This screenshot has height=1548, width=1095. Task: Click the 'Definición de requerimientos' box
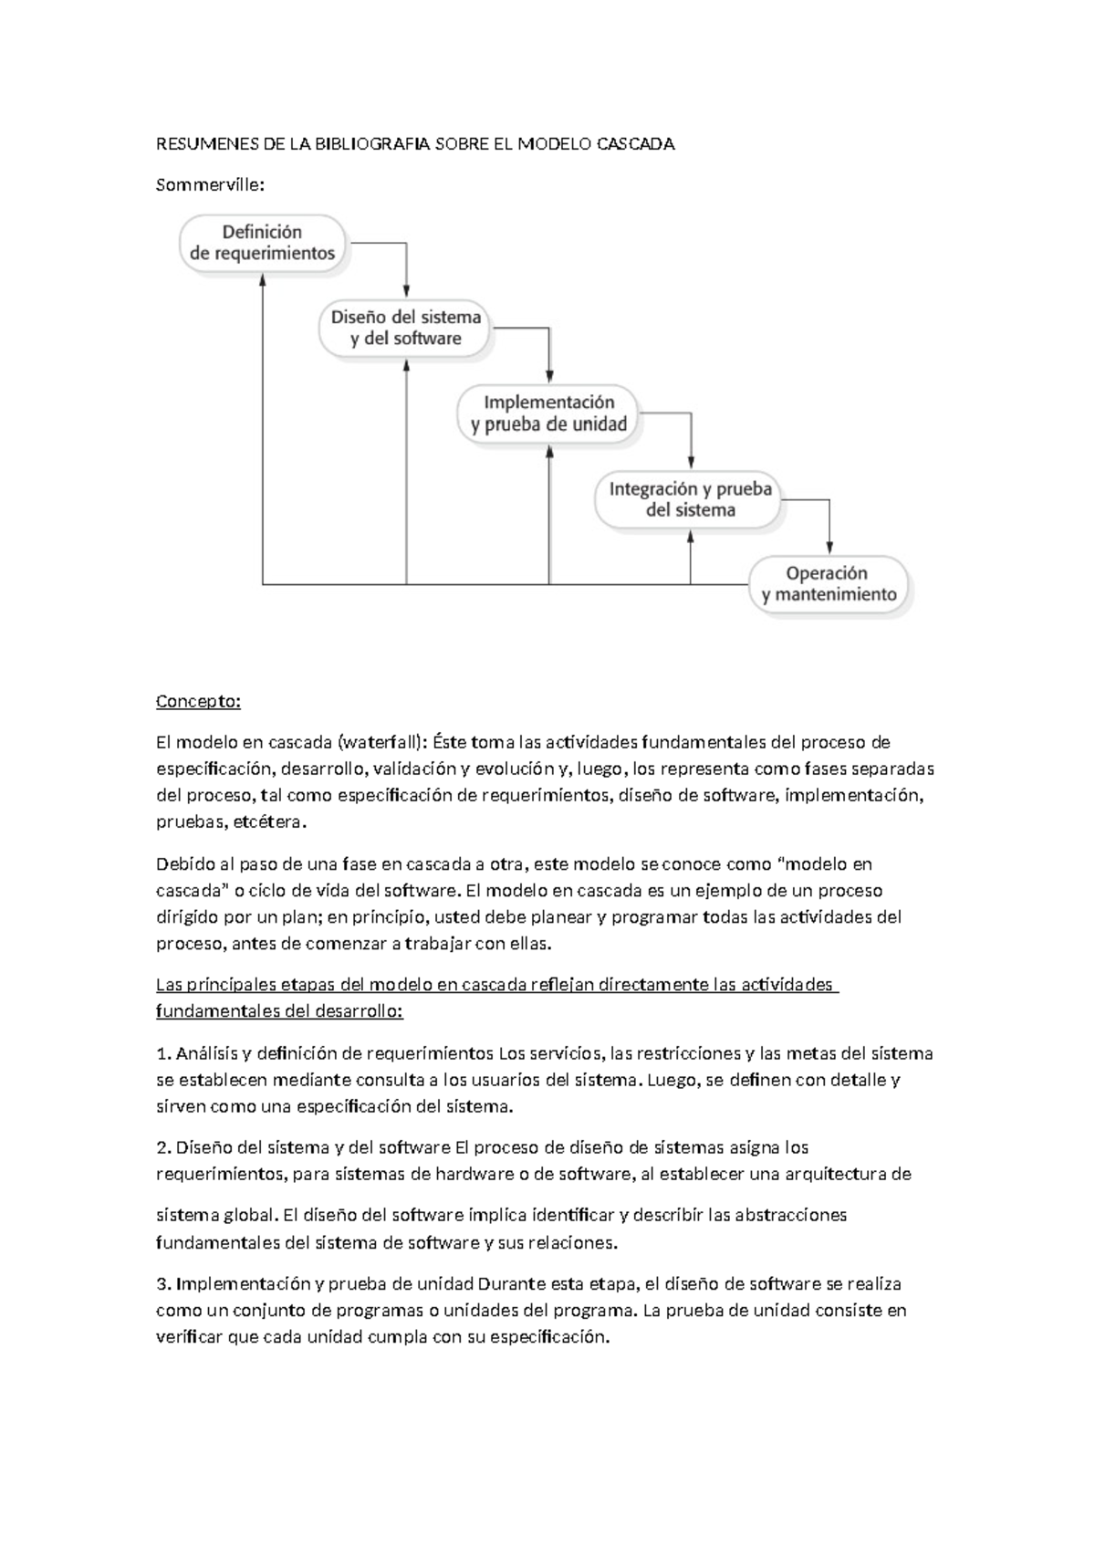pyautogui.click(x=263, y=243)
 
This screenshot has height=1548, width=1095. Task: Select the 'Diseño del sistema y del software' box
pyautogui.click(x=406, y=329)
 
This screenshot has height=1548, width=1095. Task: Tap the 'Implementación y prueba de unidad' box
pyautogui.click(x=548, y=413)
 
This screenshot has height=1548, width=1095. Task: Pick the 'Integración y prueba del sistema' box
pyautogui.click(x=690, y=499)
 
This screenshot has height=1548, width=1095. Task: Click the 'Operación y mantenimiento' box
pyautogui.click(x=829, y=584)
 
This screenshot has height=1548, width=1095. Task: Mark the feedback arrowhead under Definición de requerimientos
pyautogui.click(x=263, y=283)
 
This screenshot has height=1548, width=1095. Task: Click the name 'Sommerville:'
pyautogui.click(x=210, y=185)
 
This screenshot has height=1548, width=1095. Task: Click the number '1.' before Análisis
pyautogui.click(x=163, y=1053)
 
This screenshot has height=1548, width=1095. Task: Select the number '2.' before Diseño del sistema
pyautogui.click(x=163, y=1147)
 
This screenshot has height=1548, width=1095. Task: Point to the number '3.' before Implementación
pyautogui.click(x=163, y=1284)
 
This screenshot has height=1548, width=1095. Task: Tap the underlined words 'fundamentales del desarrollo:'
pyautogui.click(x=279, y=1011)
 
